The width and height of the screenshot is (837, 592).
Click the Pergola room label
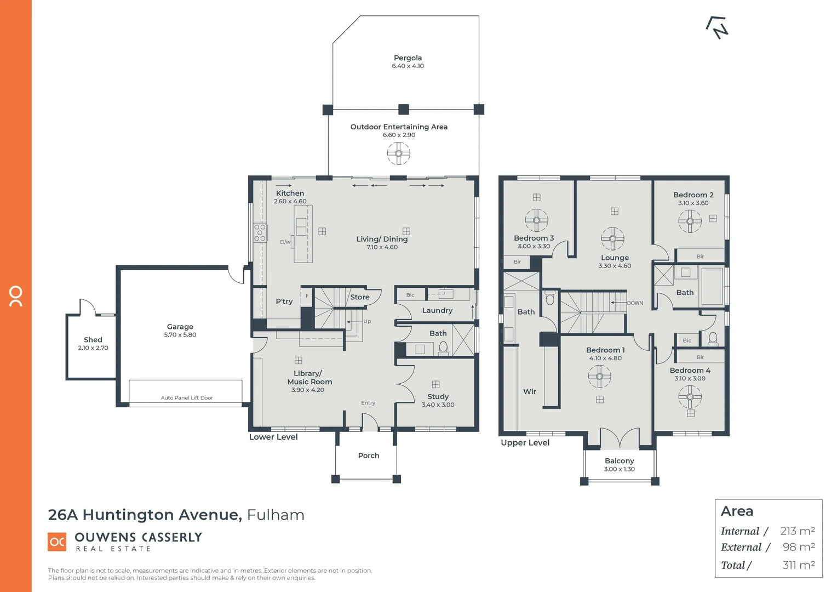click(408, 58)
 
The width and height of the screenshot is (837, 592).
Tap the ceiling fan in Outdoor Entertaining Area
click(398, 153)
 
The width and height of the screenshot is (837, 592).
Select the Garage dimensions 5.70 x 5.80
click(180, 335)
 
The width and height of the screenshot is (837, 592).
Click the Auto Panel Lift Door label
click(187, 398)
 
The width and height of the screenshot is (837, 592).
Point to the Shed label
click(93, 340)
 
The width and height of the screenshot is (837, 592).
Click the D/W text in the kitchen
click(285, 242)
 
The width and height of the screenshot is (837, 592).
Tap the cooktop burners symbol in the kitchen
click(260, 232)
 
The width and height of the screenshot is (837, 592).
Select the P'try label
click(284, 301)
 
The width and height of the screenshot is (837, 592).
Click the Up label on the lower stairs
click(367, 321)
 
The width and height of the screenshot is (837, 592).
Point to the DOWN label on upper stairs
click(635, 303)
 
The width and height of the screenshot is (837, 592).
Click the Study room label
click(438, 396)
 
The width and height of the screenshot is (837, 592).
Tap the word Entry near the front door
click(368, 403)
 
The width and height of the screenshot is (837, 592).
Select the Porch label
click(368, 456)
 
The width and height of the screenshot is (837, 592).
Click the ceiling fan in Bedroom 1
click(599, 377)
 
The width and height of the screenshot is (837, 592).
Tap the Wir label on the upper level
click(529, 391)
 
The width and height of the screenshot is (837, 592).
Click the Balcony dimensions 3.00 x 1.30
click(619, 469)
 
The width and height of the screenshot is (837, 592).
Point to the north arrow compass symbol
click(718, 27)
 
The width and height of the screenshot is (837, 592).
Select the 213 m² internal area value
click(797, 531)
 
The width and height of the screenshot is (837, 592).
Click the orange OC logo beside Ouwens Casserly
click(57, 542)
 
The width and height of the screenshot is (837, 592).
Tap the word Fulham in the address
click(276, 515)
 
